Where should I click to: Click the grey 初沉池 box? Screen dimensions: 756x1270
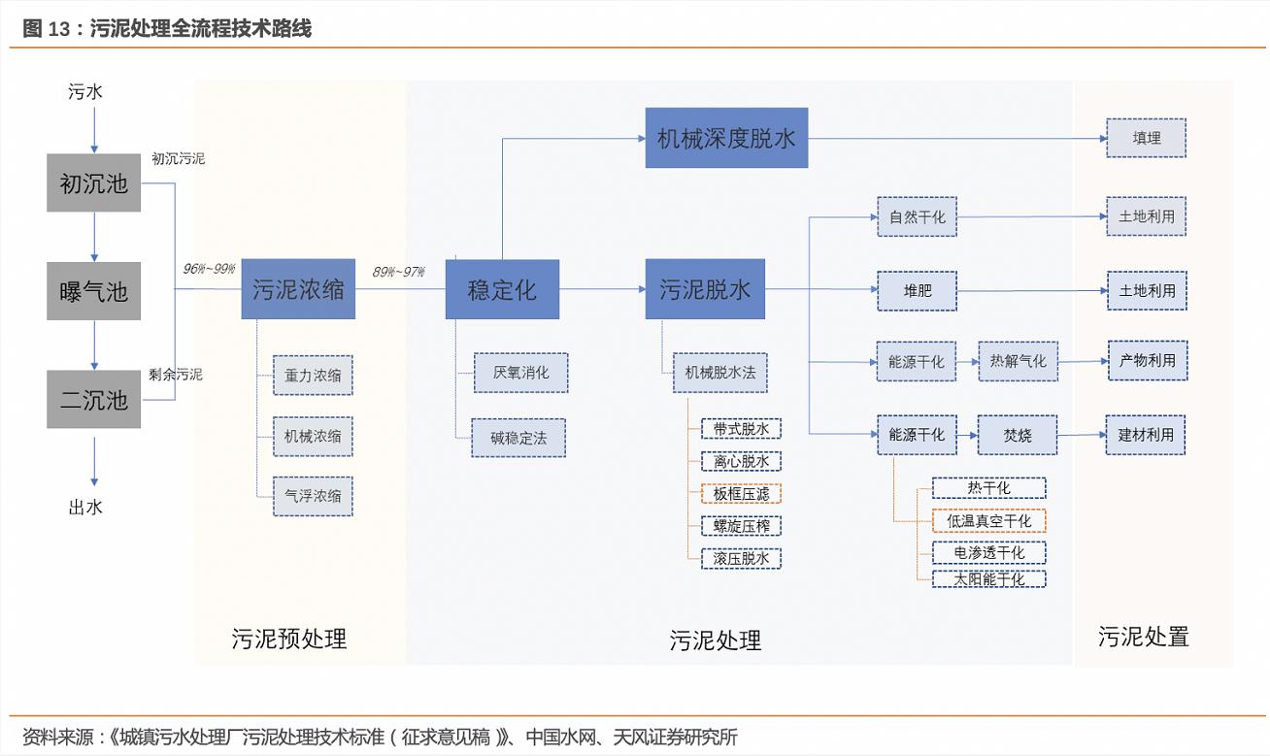click(x=93, y=182)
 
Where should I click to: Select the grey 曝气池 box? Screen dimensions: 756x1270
click(x=93, y=291)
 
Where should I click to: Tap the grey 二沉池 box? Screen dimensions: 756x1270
click(x=93, y=399)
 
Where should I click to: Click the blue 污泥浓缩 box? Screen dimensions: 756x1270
click(x=298, y=289)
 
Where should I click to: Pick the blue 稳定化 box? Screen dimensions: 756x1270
click(x=502, y=289)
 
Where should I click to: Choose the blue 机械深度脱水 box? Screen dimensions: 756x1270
click(x=726, y=138)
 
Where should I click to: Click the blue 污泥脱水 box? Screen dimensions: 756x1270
click(x=705, y=289)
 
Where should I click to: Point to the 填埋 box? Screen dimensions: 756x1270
click(x=1147, y=138)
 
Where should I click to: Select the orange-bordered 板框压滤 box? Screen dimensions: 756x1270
click(x=741, y=493)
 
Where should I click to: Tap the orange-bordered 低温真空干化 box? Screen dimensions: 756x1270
click(x=988, y=520)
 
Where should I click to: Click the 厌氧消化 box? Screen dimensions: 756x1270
click(x=520, y=373)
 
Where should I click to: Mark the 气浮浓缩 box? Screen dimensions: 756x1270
click(x=313, y=496)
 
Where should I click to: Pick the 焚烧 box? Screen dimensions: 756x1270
click(x=1017, y=435)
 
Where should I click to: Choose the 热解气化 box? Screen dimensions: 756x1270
click(x=1018, y=361)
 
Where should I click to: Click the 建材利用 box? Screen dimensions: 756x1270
click(x=1147, y=435)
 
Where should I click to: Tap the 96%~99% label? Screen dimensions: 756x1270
click(x=209, y=269)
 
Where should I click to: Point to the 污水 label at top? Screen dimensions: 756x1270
click(x=85, y=92)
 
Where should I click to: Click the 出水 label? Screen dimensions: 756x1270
click(x=85, y=507)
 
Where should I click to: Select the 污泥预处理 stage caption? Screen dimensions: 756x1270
click(x=288, y=639)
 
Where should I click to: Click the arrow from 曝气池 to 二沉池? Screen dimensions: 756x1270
click(x=94, y=345)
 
